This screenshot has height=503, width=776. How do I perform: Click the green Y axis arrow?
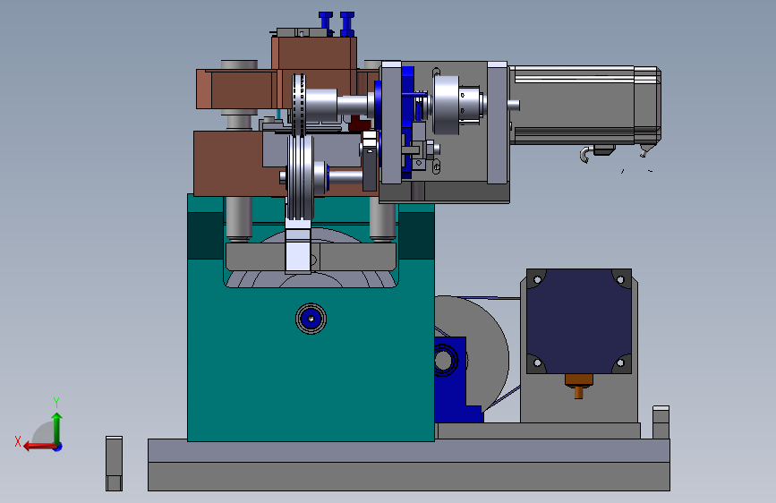(57, 429)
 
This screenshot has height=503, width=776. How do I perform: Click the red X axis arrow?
(39, 447)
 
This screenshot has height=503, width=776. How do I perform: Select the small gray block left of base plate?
(114, 464)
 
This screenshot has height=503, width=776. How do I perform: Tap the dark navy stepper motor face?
(578, 321)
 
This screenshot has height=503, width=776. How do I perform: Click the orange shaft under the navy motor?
(578, 386)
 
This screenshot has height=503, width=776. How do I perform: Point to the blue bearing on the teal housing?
(311, 319)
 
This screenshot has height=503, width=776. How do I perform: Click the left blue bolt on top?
(325, 23)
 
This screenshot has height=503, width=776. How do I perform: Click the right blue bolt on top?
(347, 24)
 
